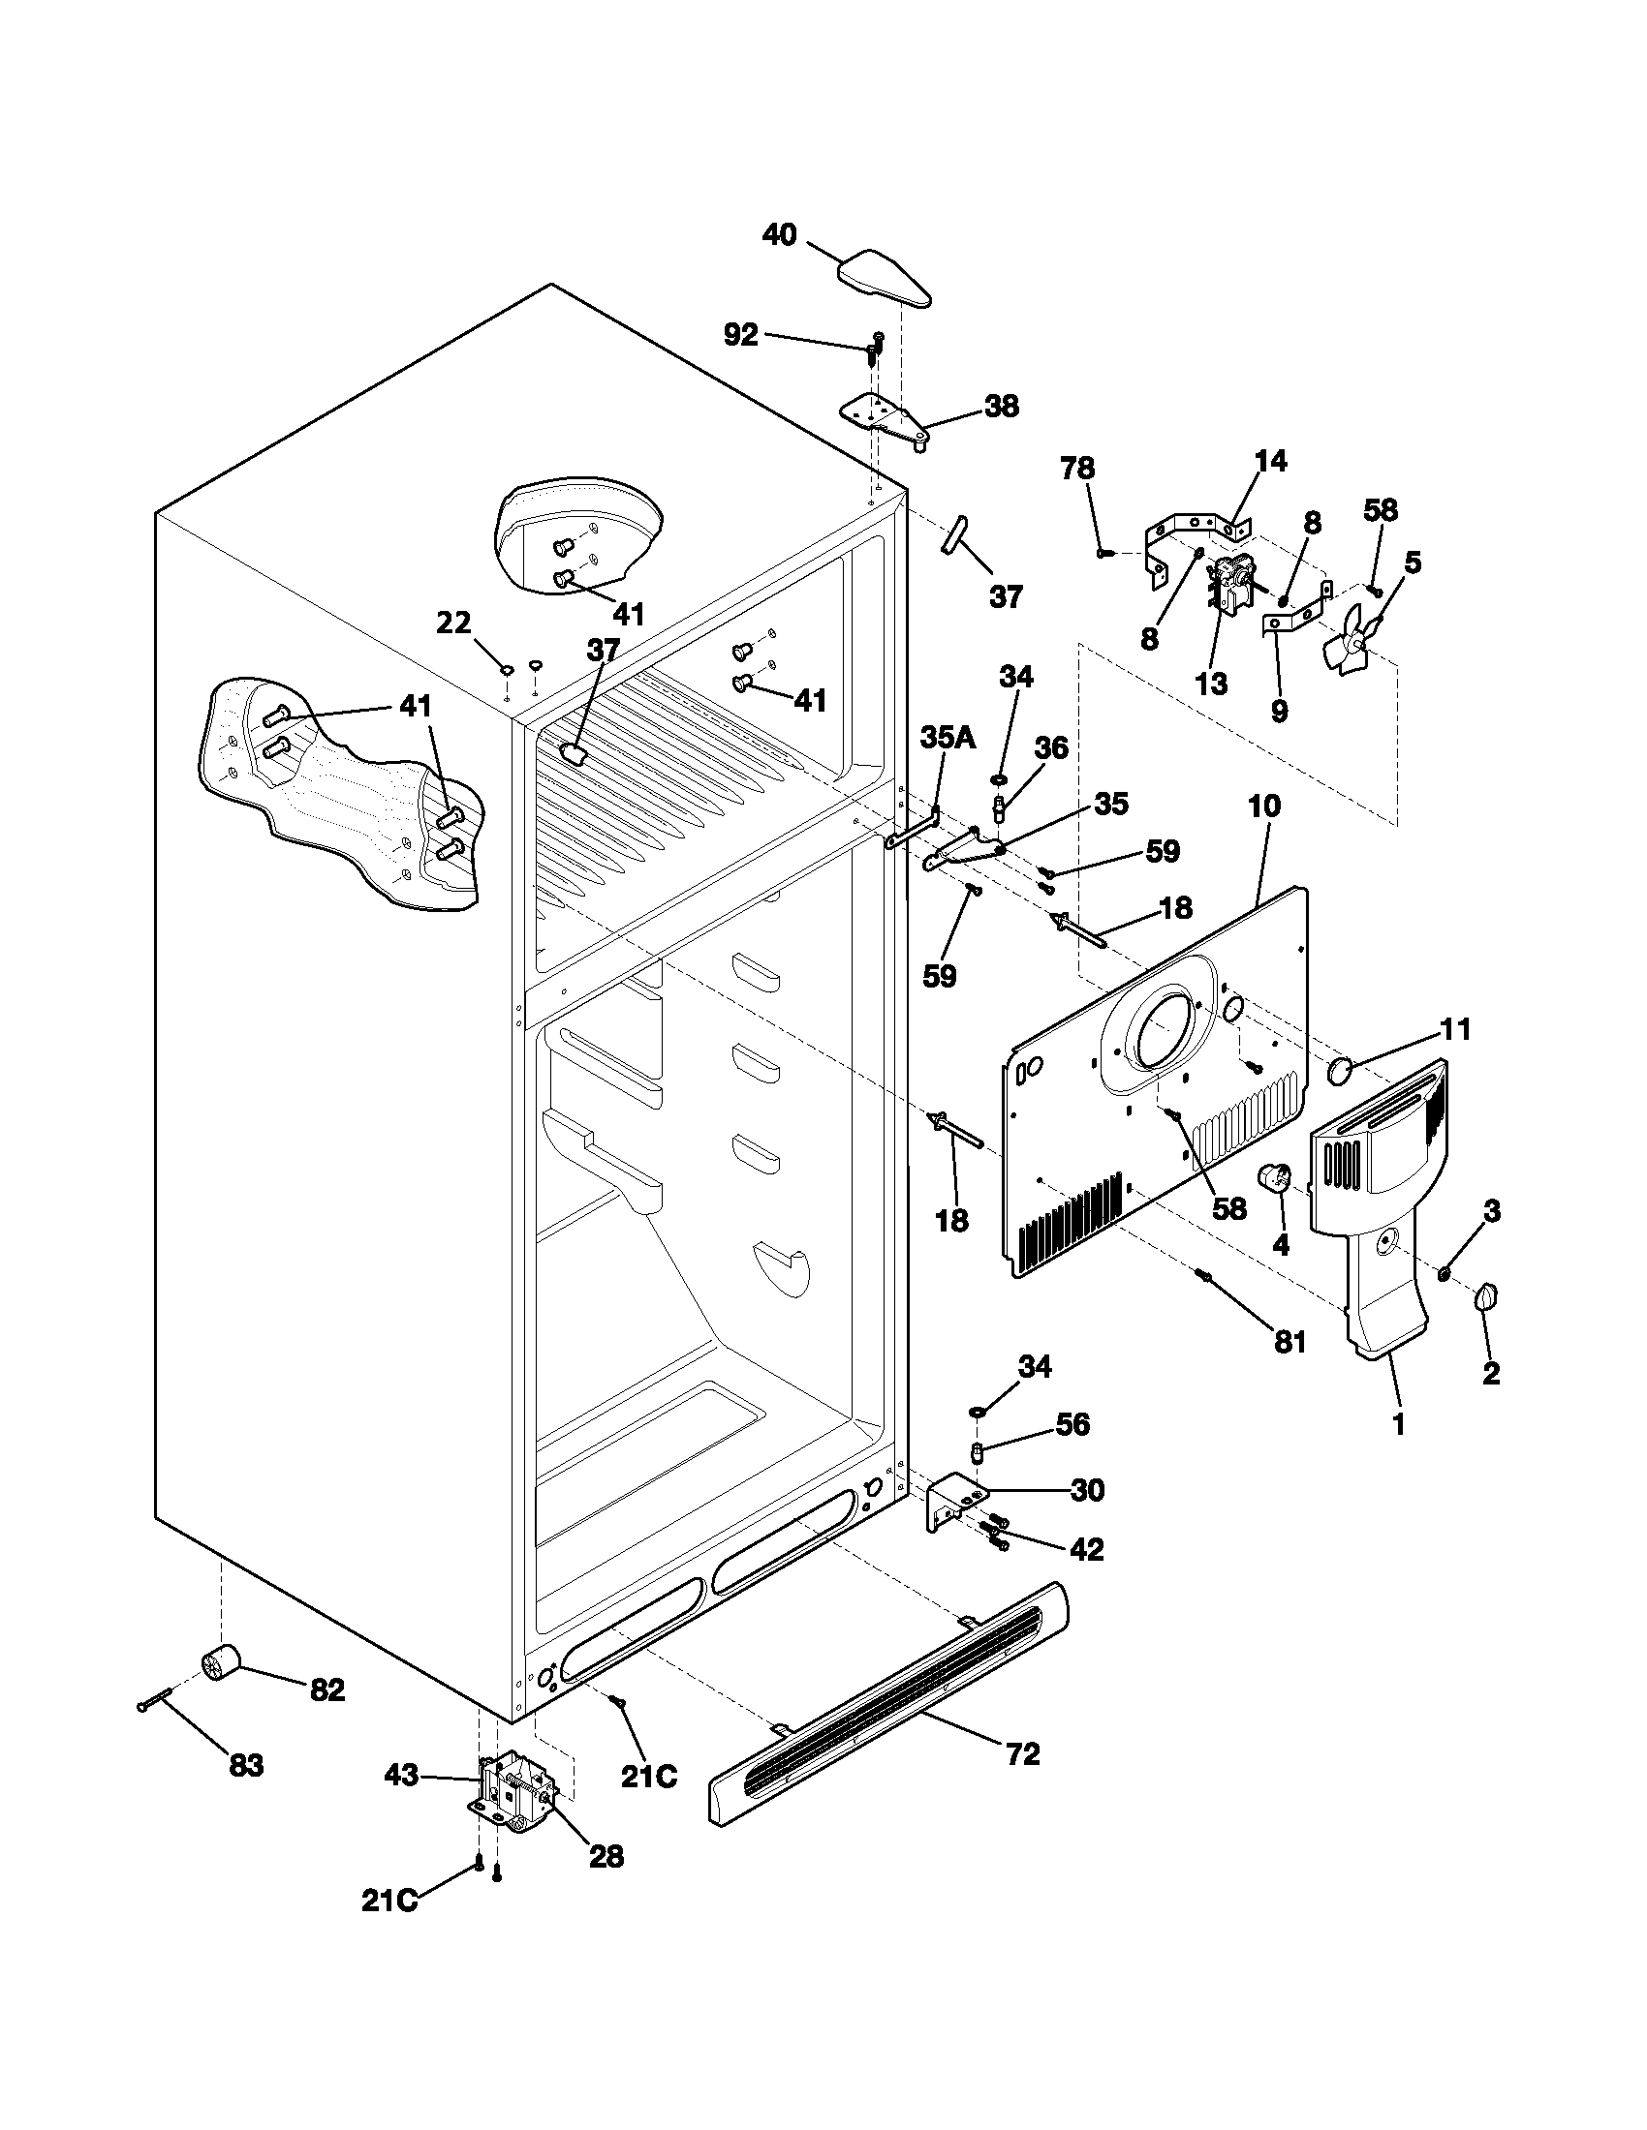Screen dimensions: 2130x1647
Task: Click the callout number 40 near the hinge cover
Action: point(779,235)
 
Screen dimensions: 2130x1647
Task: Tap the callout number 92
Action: point(740,335)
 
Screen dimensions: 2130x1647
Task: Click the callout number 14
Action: point(1270,460)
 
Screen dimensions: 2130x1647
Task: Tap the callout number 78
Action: point(1077,469)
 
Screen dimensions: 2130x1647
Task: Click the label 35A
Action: point(948,738)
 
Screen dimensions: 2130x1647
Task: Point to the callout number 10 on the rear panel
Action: point(1263,806)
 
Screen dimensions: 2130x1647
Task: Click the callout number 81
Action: point(1290,1343)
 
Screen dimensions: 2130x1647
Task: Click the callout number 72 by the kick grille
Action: point(1022,1754)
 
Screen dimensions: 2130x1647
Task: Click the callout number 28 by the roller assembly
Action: point(606,1857)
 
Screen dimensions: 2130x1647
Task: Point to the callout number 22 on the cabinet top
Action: point(453,623)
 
